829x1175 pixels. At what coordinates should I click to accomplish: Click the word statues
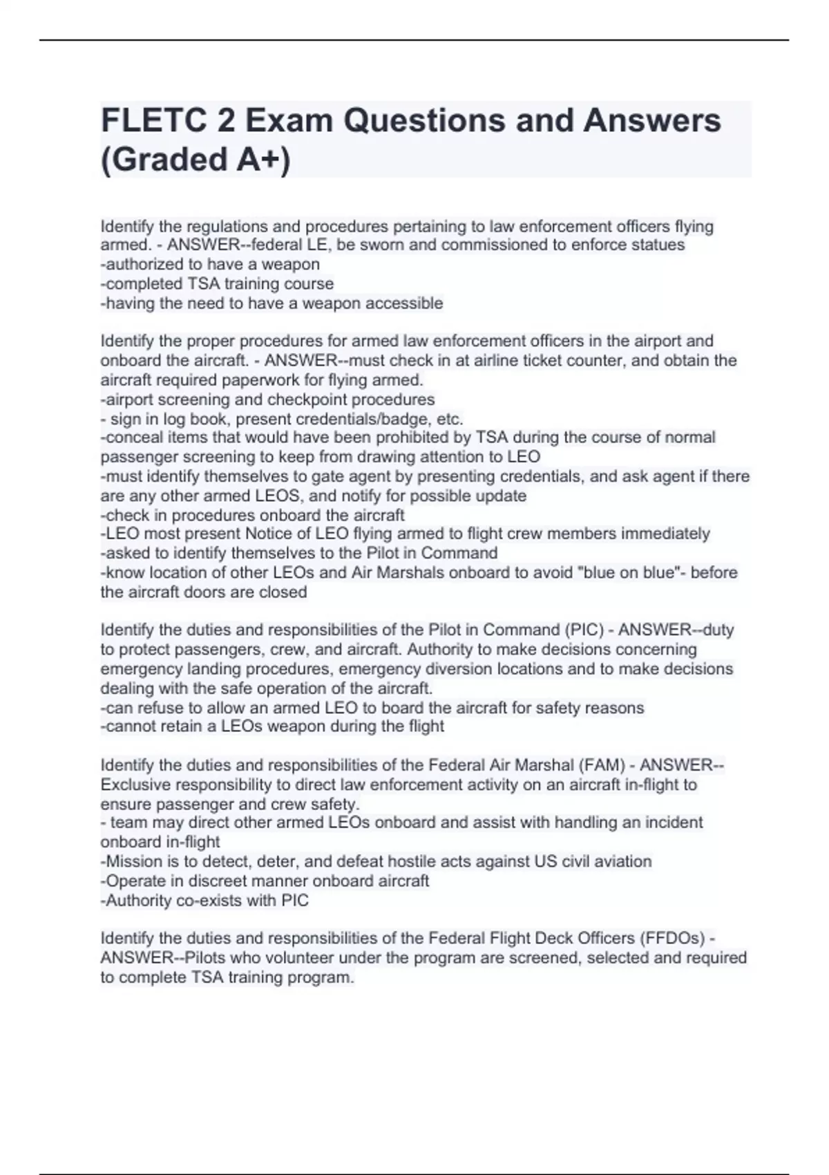point(660,245)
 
